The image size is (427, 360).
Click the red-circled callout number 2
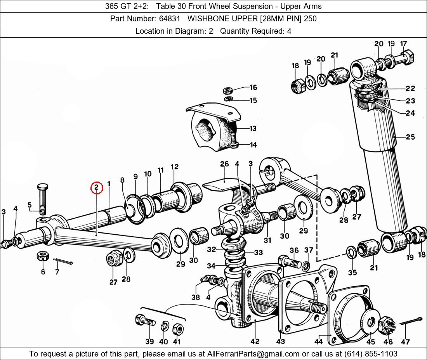click(x=96, y=187)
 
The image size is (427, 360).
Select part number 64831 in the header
click(x=169, y=19)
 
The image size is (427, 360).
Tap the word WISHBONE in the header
click(x=205, y=19)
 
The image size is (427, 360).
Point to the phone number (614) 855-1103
click(x=371, y=354)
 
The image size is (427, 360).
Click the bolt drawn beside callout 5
click(x=43, y=199)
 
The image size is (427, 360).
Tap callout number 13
click(x=253, y=128)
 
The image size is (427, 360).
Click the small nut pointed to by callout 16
click(x=227, y=90)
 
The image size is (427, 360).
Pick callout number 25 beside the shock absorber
click(x=410, y=137)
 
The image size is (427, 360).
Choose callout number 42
click(x=255, y=341)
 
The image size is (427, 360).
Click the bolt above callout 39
click(x=145, y=320)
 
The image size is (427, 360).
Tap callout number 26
click(x=224, y=164)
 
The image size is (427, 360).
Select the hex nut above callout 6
click(x=43, y=256)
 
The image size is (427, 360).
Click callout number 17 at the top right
click(x=403, y=43)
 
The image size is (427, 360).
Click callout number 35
click(x=352, y=272)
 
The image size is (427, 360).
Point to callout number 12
click(x=175, y=166)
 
